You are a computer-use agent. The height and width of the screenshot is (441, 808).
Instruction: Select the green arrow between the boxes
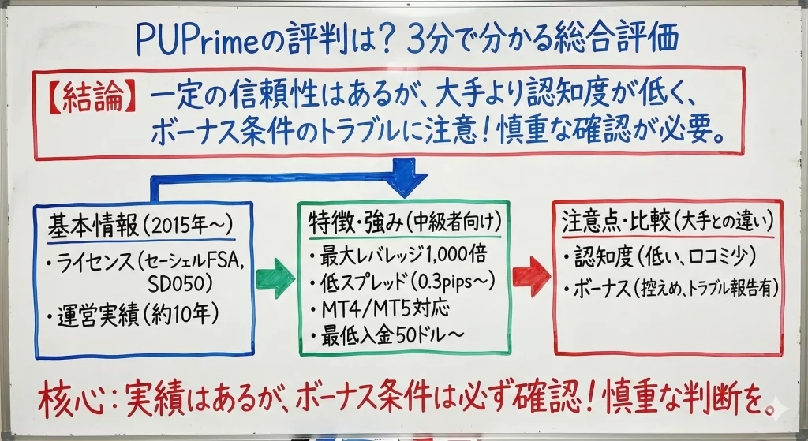pos(276,278)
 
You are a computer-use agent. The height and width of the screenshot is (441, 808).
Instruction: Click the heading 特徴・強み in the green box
pos(352,222)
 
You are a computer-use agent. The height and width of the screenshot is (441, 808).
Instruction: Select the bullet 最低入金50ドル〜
pos(387,334)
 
